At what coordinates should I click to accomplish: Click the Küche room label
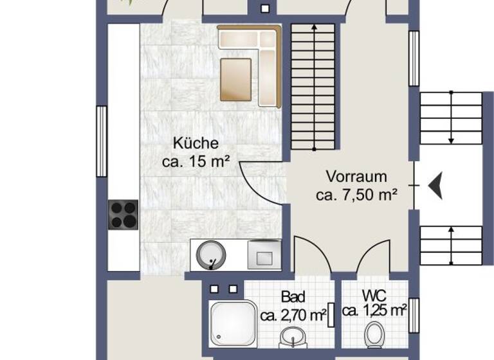point(195,143)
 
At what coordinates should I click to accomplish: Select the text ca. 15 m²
point(196,163)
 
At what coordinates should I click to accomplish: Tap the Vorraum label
point(356,176)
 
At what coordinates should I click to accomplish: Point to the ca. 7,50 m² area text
point(356,195)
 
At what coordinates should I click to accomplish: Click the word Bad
point(293,297)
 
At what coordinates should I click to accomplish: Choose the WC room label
point(374,296)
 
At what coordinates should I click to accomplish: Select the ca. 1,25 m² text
point(374,312)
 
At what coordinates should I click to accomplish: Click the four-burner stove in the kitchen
point(123,215)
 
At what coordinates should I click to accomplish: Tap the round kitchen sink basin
point(211,255)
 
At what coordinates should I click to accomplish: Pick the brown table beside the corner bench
point(235,80)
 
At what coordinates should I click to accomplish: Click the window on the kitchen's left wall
point(101,141)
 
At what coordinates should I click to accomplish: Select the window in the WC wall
point(414,316)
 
